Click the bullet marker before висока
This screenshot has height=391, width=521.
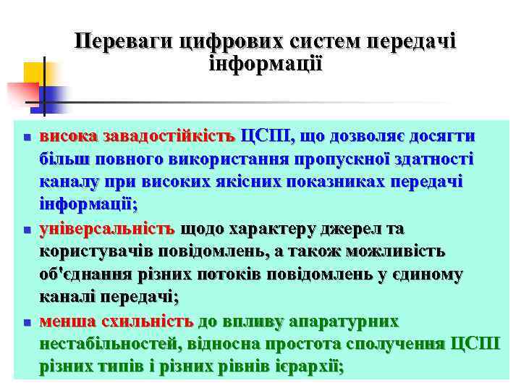point(25,137)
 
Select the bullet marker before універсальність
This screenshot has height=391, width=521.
point(25,230)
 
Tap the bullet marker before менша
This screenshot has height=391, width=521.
point(25,322)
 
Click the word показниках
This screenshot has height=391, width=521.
point(328,182)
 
